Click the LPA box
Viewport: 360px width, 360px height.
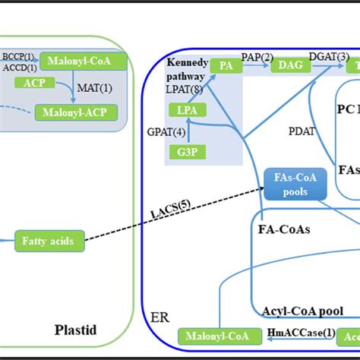tap(187, 111)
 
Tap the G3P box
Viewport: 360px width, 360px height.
tap(187, 153)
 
